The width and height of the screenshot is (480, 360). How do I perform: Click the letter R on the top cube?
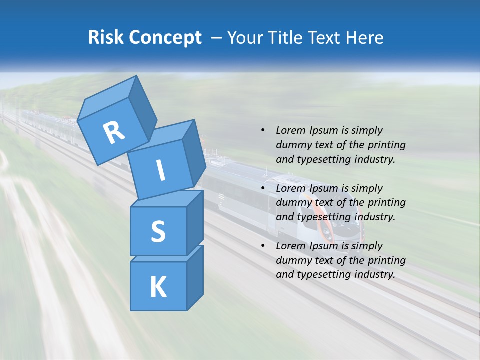point(114,133)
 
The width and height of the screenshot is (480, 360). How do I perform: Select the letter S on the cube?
point(158,231)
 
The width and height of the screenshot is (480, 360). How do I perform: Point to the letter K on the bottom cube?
point(158,287)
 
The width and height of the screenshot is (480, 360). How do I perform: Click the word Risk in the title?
point(106,37)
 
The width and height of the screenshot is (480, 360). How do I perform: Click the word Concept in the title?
point(165,37)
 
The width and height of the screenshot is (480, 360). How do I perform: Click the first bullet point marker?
point(263,130)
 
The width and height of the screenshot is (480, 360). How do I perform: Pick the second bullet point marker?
point(263,188)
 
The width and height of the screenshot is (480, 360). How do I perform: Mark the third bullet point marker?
point(263,246)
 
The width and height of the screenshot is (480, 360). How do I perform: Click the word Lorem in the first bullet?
point(290,130)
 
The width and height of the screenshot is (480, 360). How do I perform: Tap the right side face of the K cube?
point(195,277)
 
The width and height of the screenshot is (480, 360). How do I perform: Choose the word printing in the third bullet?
point(386,260)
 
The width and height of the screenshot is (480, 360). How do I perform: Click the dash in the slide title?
point(217,37)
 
